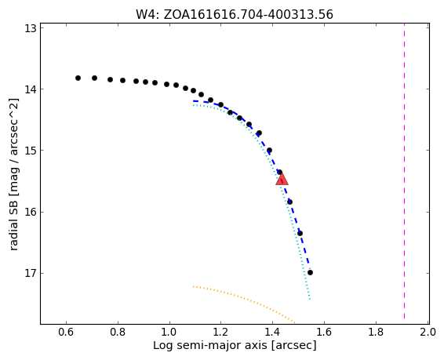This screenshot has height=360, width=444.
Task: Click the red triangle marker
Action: click(x=282, y=179)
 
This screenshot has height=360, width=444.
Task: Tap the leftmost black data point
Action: click(x=78, y=78)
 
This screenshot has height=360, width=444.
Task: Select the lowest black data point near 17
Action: click(x=310, y=272)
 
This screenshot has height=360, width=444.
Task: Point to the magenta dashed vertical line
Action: click(x=404, y=172)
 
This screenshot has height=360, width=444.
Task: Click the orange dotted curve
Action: click(x=244, y=301)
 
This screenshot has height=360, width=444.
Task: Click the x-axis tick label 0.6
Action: click(x=66, y=332)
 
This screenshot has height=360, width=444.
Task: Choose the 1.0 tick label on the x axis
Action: click(x=169, y=332)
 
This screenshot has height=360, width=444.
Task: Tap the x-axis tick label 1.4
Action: click(x=272, y=332)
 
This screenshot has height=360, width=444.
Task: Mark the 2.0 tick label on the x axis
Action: click(x=428, y=332)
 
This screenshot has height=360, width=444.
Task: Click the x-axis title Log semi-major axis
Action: click(x=209, y=346)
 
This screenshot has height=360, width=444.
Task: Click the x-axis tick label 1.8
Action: click(x=376, y=332)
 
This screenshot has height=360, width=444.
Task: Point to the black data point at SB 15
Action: click(x=270, y=151)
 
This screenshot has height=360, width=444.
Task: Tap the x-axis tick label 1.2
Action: click(x=221, y=332)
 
